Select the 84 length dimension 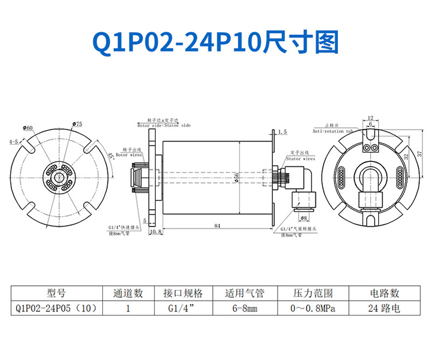coord(217,226)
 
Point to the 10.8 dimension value coord(155,232)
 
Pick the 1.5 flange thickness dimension coord(282,132)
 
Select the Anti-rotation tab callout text coord(333,131)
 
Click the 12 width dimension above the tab coord(370,118)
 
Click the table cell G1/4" coord(183,309)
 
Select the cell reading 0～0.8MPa coord(314,309)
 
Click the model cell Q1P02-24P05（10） coord(57,309)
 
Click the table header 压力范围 coord(314,293)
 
